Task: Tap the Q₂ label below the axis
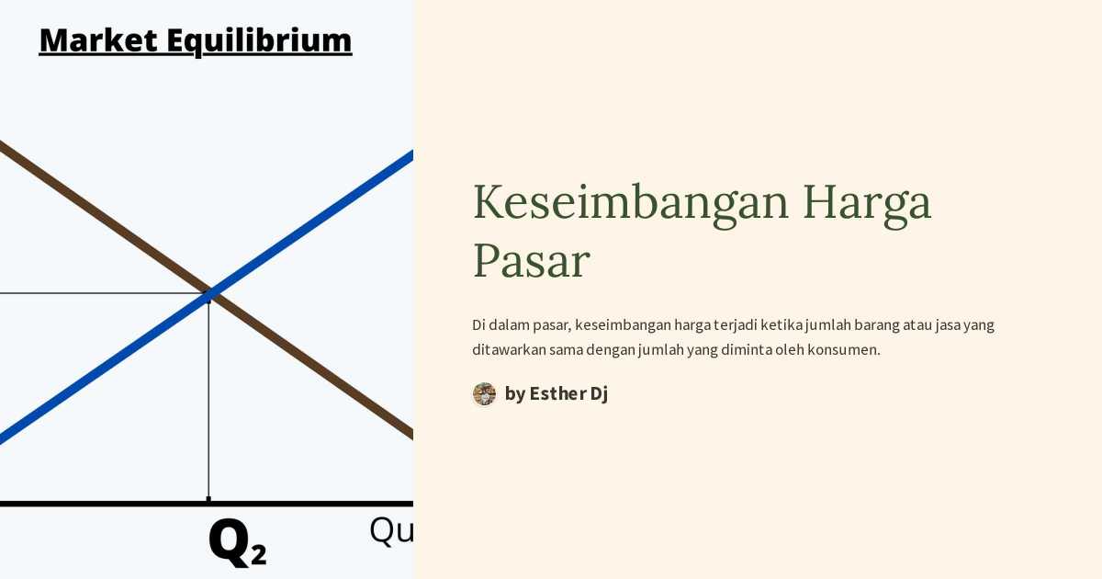pyautogui.click(x=237, y=542)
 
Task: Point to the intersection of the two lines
pyautogui.click(x=210, y=294)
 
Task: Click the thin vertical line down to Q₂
pyautogui.click(x=208, y=404)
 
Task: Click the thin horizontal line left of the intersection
pyautogui.click(x=92, y=294)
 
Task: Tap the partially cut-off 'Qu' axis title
pyautogui.click(x=391, y=531)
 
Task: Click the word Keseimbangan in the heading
pyautogui.click(x=631, y=202)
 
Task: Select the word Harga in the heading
pyautogui.click(x=867, y=204)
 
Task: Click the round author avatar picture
pyautogui.click(x=484, y=394)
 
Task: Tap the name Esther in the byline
pyautogui.click(x=557, y=394)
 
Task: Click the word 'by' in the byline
pyautogui.click(x=514, y=394)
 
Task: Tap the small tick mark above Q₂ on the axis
pyautogui.click(x=208, y=499)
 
